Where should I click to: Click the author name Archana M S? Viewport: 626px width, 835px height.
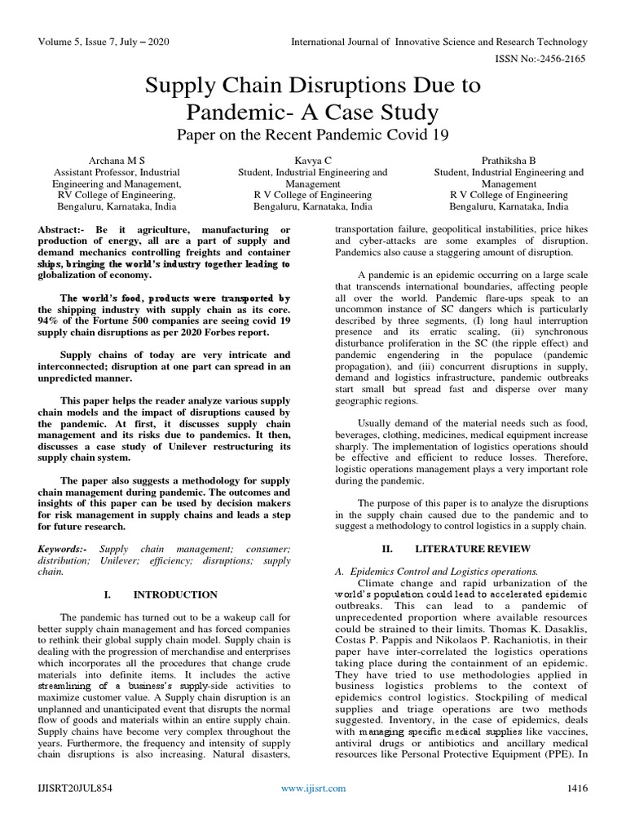(117, 160)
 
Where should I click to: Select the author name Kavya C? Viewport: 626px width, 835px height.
(313, 160)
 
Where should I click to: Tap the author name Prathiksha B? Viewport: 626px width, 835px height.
(509, 160)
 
